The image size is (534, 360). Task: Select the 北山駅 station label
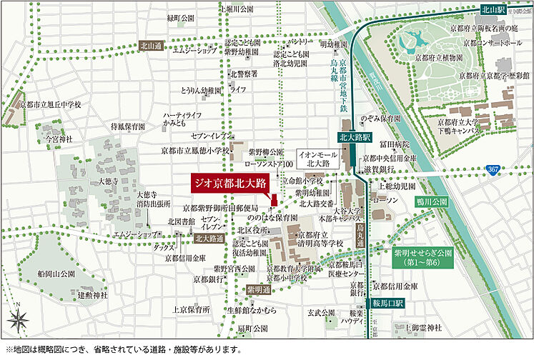pyautogui.click(x=494, y=10)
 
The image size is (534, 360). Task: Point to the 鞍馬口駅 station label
pyautogui.click(x=384, y=304)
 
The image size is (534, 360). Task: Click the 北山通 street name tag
pyautogui.click(x=152, y=44)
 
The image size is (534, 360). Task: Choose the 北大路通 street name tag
pyautogui.click(x=209, y=239)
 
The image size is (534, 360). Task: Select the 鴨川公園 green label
pyautogui.click(x=430, y=202)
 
